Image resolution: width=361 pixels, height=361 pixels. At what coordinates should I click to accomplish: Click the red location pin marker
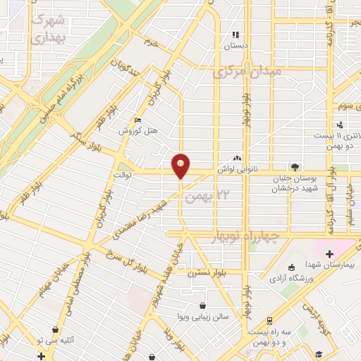pyautogui.click(x=181, y=165)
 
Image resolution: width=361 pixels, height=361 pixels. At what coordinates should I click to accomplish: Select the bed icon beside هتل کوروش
pyautogui.click(x=137, y=120)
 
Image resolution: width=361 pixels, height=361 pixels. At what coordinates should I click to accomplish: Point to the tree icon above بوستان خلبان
pyautogui.click(x=294, y=167)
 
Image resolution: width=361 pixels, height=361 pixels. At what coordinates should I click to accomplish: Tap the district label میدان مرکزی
pyautogui.click(x=247, y=72)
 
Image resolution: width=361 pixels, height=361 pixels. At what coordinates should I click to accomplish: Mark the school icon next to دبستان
pyautogui.click(x=236, y=33)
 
